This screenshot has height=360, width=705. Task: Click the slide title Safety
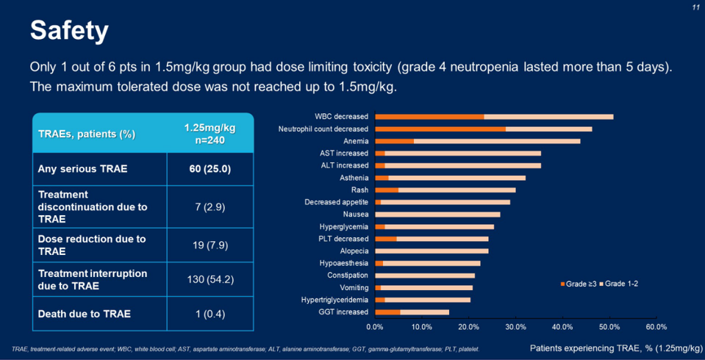coord(69,31)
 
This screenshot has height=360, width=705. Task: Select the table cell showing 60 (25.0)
coord(210,169)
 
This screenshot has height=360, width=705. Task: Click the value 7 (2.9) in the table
coord(210,207)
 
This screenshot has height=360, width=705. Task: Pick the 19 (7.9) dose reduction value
coord(210,245)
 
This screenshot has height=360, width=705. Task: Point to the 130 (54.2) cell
coord(210,279)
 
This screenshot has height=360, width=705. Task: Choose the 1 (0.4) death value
coord(210,314)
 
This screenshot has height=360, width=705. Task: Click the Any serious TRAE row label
coord(82,169)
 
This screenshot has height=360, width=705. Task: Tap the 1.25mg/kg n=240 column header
coord(210,134)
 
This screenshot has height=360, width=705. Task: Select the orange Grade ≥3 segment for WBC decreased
coord(429,117)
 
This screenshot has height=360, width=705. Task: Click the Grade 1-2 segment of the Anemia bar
coord(497,141)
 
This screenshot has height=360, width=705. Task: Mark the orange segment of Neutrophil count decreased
coord(440,129)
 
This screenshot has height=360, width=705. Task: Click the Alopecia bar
coord(432,251)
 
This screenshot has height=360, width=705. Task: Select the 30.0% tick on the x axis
coord(515,327)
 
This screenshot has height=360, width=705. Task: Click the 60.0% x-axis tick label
coord(656,327)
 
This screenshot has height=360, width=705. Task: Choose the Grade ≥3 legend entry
coord(579,284)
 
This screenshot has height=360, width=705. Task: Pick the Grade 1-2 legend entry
coord(618,284)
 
